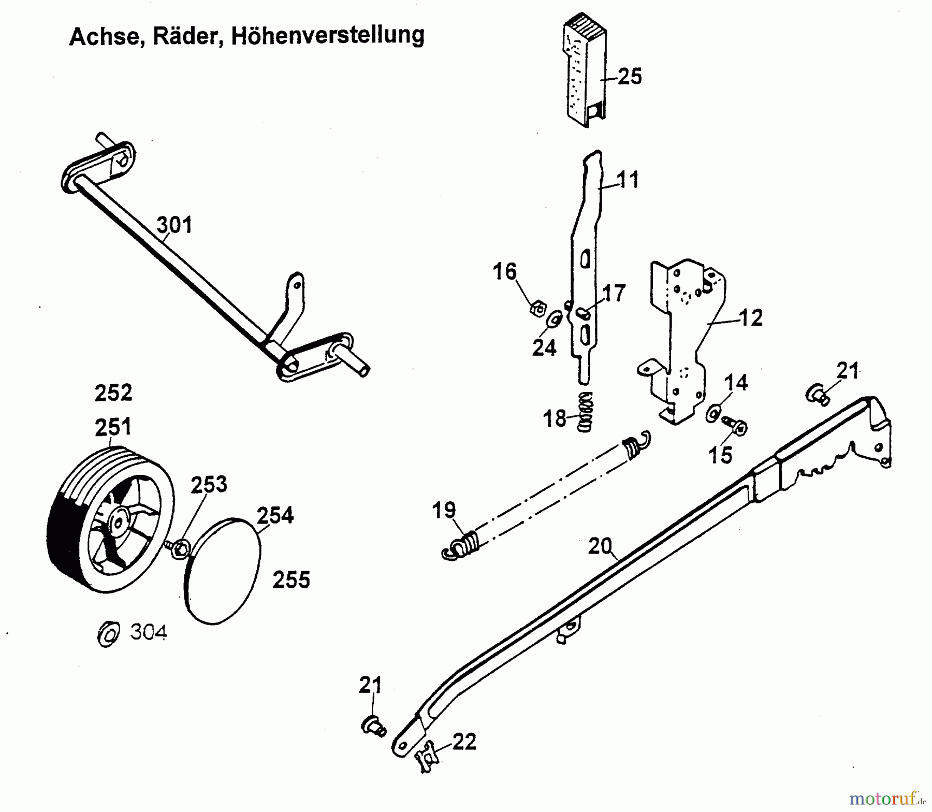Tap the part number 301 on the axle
tap(174, 225)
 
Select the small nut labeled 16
tap(537, 309)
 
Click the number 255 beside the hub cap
tap(291, 580)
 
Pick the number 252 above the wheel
tap(113, 393)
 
